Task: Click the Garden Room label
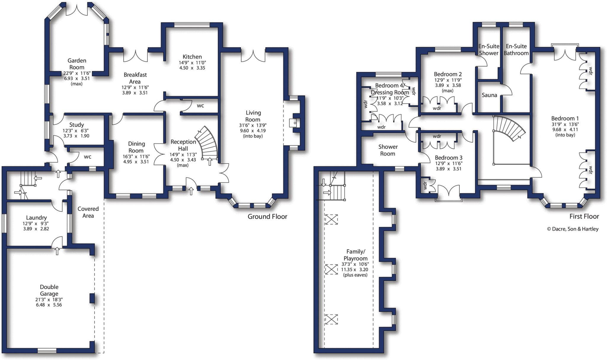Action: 77,64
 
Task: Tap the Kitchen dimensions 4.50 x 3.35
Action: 192,68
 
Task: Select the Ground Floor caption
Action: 267,217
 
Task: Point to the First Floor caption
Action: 584,216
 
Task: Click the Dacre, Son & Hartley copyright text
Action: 573,229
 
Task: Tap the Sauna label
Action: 489,95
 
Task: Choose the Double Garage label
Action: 49,290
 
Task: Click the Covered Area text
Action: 88,212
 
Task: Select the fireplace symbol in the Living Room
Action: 294,123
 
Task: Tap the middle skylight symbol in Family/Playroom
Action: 331,269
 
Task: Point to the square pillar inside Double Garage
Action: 92,298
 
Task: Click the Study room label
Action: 76,125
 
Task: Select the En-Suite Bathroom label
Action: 516,50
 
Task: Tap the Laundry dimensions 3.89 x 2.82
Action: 36,229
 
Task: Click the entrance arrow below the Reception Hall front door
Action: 191,191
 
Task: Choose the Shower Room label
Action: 388,150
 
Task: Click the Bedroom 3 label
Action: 448,158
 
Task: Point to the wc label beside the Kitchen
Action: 200,106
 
